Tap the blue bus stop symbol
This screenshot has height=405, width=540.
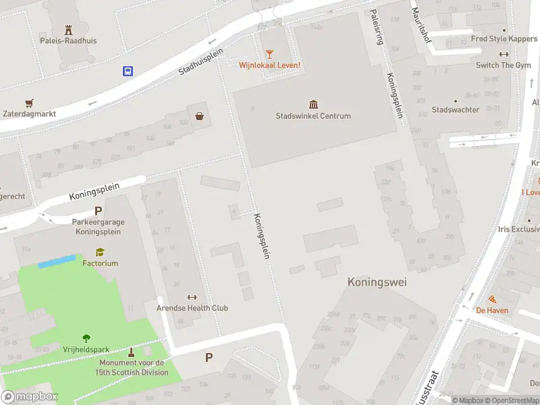tap(127, 70)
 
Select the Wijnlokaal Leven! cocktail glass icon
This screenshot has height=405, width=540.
tap(269, 53)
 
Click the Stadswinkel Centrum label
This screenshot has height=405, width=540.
tap(313, 116)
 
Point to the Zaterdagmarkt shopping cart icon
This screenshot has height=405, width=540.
tap(29, 103)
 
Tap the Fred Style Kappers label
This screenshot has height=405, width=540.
tap(504, 39)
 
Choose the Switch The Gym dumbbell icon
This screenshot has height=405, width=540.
tap(504, 55)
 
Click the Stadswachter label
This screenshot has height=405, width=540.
tap(456, 110)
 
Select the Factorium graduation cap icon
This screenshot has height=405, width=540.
tap(100, 252)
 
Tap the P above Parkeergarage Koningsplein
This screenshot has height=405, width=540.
tap(98, 211)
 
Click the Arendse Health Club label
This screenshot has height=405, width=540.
tap(192, 308)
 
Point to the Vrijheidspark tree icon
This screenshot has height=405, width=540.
tap(86, 338)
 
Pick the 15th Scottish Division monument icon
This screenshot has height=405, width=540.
tap(131, 352)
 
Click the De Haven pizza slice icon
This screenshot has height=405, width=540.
tap(492, 299)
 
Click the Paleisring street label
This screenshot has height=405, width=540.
tap(378, 28)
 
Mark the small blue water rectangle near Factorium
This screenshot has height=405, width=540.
tap(56, 261)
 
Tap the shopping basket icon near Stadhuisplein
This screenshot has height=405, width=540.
tap(200, 115)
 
